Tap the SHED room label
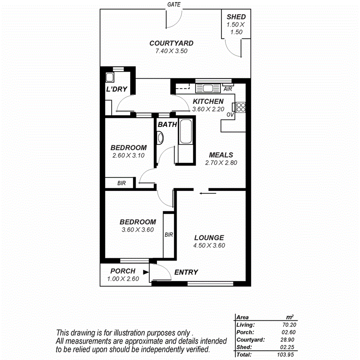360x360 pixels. (236, 17)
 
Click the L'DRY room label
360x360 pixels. (117, 90)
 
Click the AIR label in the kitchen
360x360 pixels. (228, 89)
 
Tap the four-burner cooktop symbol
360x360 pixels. (240, 107)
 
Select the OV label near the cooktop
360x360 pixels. (230, 115)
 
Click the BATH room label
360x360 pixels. (167, 125)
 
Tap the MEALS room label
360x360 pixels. (221, 155)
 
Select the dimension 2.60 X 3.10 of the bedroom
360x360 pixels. (128, 155)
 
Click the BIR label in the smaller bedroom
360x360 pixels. (121, 183)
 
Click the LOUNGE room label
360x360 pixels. (209, 238)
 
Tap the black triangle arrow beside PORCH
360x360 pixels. (145, 272)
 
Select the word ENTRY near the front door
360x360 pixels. (186, 272)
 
